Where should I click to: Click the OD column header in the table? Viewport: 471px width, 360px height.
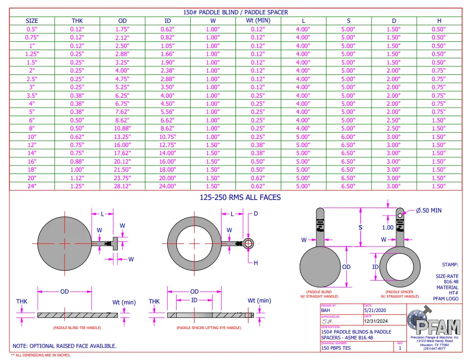(122, 21)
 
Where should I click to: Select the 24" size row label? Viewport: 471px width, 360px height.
(32, 186)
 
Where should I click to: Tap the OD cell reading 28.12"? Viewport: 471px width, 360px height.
(122, 186)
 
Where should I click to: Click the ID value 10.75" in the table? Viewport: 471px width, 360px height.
(168, 136)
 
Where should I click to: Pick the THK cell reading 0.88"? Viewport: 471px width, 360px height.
(77, 161)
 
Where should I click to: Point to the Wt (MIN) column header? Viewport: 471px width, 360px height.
(258, 21)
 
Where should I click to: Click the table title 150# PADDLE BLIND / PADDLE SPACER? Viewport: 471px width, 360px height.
(235, 12)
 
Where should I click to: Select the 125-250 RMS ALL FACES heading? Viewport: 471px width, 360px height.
(240, 197)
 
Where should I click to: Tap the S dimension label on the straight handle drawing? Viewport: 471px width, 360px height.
(360, 228)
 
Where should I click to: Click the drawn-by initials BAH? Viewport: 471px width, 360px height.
(326, 310)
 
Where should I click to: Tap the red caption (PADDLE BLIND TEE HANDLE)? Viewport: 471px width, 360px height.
(77, 328)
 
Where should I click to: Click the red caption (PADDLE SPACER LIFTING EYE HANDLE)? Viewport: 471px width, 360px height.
(209, 328)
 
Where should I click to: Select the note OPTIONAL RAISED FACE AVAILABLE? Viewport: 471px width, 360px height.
(65, 346)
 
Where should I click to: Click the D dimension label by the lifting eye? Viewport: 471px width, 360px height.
(256, 214)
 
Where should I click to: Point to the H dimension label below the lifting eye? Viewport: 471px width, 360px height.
(256, 263)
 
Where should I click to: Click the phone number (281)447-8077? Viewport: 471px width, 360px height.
(434, 348)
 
